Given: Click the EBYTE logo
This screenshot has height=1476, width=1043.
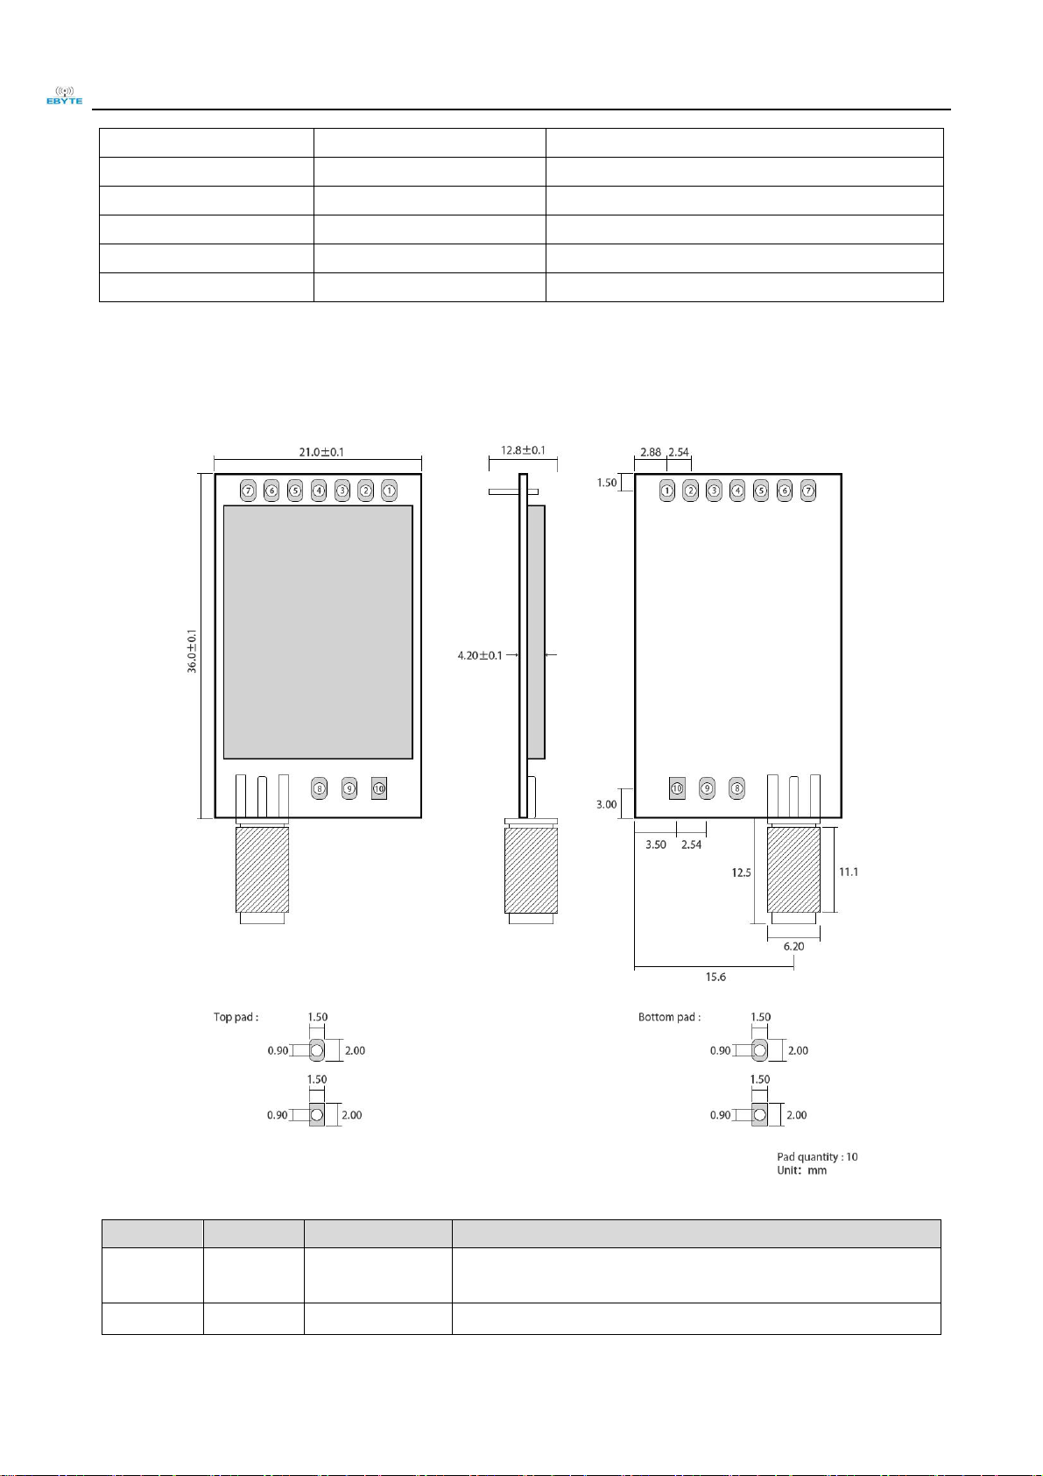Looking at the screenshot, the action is (x=64, y=96).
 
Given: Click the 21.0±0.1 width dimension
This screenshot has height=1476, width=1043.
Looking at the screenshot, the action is (x=321, y=452).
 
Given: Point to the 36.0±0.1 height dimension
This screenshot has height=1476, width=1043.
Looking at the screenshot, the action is (x=192, y=651).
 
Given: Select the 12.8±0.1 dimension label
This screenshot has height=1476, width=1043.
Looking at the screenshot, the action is (x=523, y=450).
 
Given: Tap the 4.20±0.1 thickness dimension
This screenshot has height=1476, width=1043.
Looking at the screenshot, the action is (x=480, y=655).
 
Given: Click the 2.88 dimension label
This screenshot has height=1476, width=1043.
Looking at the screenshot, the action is (x=650, y=452).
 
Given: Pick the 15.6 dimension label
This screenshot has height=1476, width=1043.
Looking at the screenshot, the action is (x=715, y=977).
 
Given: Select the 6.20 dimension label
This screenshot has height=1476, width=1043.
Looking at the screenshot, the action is (x=793, y=946).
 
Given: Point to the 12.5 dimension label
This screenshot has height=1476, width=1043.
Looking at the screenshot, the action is (x=741, y=872).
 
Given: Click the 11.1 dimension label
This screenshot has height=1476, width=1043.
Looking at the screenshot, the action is (x=848, y=872).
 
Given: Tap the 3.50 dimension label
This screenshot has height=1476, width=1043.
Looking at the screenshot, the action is (x=655, y=844).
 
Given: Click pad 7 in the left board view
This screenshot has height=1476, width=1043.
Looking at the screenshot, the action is (x=249, y=491).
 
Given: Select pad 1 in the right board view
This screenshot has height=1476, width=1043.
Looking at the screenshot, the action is (x=667, y=491).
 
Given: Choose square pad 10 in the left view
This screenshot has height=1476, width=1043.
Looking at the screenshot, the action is (x=378, y=788).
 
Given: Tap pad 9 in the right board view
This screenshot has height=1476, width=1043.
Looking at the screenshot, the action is (x=707, y=788).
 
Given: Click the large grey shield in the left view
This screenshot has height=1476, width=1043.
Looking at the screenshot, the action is (x=318, y=632).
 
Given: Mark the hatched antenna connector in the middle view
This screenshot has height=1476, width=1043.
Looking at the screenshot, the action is (x=531, y=871).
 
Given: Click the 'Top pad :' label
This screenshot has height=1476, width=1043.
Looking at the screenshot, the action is (x=236, y=1017).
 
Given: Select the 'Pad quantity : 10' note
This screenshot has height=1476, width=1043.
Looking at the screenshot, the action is (x=817, y=1156).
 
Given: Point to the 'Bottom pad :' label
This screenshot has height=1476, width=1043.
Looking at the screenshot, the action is (x=669, y=1017).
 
